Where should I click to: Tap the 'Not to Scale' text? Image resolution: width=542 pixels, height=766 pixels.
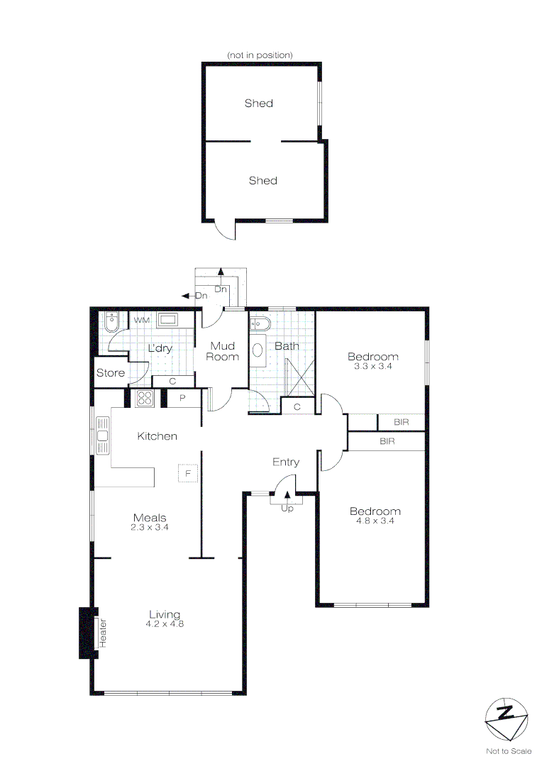(x=508, y=750)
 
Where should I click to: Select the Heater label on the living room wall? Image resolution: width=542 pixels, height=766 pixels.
(x=102, y=633)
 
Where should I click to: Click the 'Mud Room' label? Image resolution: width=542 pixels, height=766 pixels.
(x=223, y=351)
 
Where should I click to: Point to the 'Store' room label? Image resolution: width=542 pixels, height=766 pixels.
(x=111, y=373)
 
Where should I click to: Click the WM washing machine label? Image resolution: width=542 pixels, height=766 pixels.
(x=142, y=321)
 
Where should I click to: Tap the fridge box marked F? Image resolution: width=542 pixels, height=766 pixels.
(x=188, y=472)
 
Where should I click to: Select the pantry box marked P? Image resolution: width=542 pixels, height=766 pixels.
(x=182, y=399)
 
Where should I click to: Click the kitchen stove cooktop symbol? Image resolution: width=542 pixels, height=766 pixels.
(x=144, y=399)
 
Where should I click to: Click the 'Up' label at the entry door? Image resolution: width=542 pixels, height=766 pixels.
(x=287, y=509)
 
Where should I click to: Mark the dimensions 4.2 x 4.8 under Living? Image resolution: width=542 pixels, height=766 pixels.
(x=165, y=624)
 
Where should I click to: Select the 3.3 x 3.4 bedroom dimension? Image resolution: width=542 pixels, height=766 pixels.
(x=372, y=367)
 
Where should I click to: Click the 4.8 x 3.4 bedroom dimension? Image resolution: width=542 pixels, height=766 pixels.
(x=375, y=521)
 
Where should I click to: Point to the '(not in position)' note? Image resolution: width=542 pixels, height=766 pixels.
(x=259, y=55)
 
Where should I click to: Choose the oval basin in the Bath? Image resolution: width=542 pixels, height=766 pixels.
(x=259, y=349)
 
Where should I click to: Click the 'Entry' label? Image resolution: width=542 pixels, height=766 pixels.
(x=286, y=462)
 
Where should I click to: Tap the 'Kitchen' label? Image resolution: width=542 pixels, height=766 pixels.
(x=157, y=436)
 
